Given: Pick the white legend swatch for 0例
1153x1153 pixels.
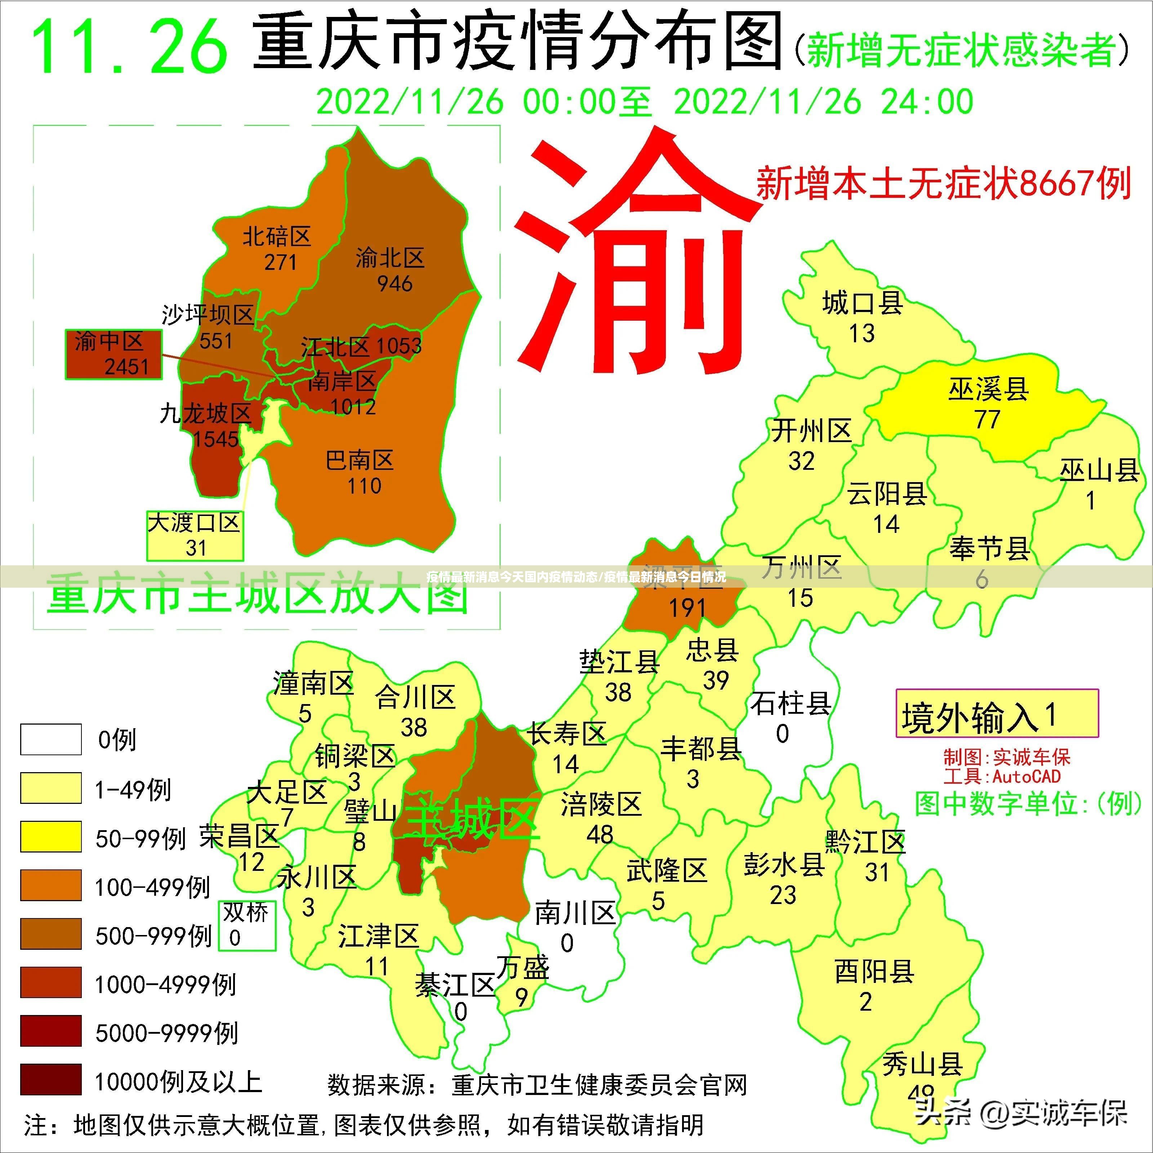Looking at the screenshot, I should (51, 739).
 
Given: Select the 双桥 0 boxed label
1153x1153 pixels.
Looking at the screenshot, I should (246, 925).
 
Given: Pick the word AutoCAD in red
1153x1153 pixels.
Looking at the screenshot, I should (1027, 776).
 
